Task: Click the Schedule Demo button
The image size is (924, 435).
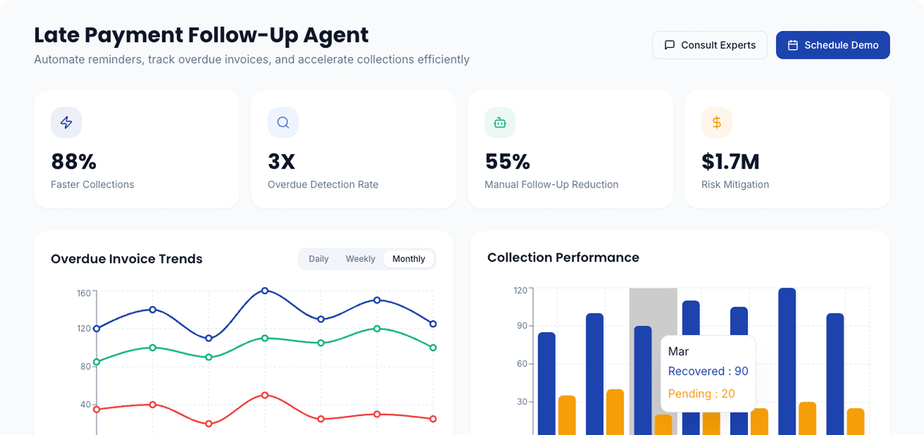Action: point(833,45)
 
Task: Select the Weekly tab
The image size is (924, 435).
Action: point(360,259)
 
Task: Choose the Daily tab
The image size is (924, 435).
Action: point(318,259)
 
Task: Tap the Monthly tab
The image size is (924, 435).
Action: point(408,259)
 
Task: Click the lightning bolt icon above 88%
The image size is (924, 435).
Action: point(66,123)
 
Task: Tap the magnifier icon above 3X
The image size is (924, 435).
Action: point(283,123)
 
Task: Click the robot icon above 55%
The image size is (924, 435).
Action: point(500,123)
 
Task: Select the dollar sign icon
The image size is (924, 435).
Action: point(716,123)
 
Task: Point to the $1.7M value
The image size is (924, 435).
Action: point(730,162)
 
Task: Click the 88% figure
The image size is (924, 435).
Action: point(74,162)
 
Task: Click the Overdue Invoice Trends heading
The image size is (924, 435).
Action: point(127,259)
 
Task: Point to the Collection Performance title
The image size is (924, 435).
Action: point(563,257)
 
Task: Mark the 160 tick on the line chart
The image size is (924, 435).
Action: point(83,293)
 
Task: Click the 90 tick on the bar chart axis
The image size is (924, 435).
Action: point(522,326)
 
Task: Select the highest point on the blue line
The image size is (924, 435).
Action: point(265,290)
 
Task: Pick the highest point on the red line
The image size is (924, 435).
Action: point(265,395)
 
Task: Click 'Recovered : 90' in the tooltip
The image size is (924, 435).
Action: point(708,371)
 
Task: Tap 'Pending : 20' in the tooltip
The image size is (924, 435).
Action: point(701,394)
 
